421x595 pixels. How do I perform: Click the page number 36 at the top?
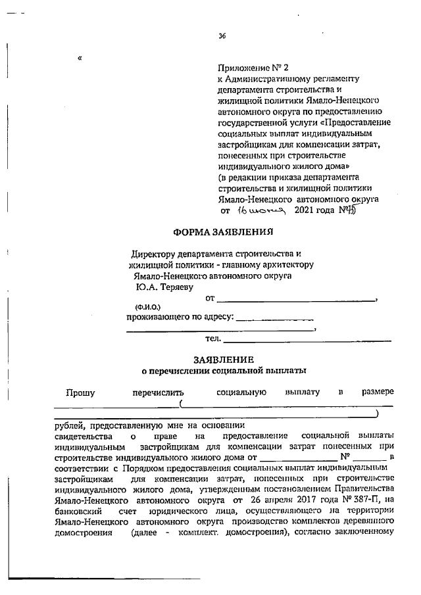222,36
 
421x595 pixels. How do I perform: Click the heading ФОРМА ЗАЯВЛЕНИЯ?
222,231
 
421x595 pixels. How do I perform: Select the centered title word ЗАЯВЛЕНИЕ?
223,360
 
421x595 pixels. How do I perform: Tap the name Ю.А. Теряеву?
159,287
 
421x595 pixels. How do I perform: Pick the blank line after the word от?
296,300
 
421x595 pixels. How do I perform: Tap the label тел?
213,339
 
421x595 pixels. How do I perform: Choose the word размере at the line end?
378,393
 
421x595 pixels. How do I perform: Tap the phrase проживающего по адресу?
180,317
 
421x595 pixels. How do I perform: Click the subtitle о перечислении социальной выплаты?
223,371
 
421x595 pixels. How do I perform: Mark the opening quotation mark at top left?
80,58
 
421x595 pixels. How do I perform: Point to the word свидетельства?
83,437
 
